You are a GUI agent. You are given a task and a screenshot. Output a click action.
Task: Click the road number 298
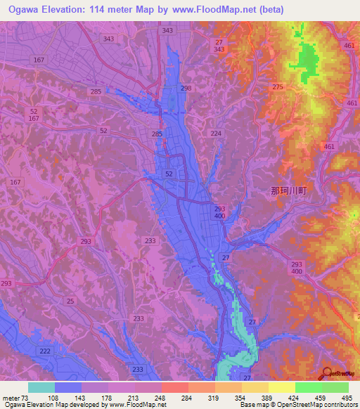point(186,88)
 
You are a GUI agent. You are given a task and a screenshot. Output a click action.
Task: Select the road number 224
point(216,133)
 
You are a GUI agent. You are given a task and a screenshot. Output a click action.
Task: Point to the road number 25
point(70,301)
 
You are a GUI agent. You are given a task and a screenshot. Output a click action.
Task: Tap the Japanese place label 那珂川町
point(289,190)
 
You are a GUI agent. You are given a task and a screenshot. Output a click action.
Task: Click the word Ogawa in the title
point(26,10)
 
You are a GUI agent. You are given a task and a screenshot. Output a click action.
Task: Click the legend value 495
point(348,398)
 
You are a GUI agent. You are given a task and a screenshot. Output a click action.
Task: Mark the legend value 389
point(268,398)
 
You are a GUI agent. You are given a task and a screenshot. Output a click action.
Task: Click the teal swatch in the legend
point(41,387)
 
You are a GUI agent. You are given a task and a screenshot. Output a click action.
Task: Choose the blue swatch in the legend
point(68,387)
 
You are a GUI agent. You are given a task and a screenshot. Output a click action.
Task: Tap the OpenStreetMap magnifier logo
point(326,374)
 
